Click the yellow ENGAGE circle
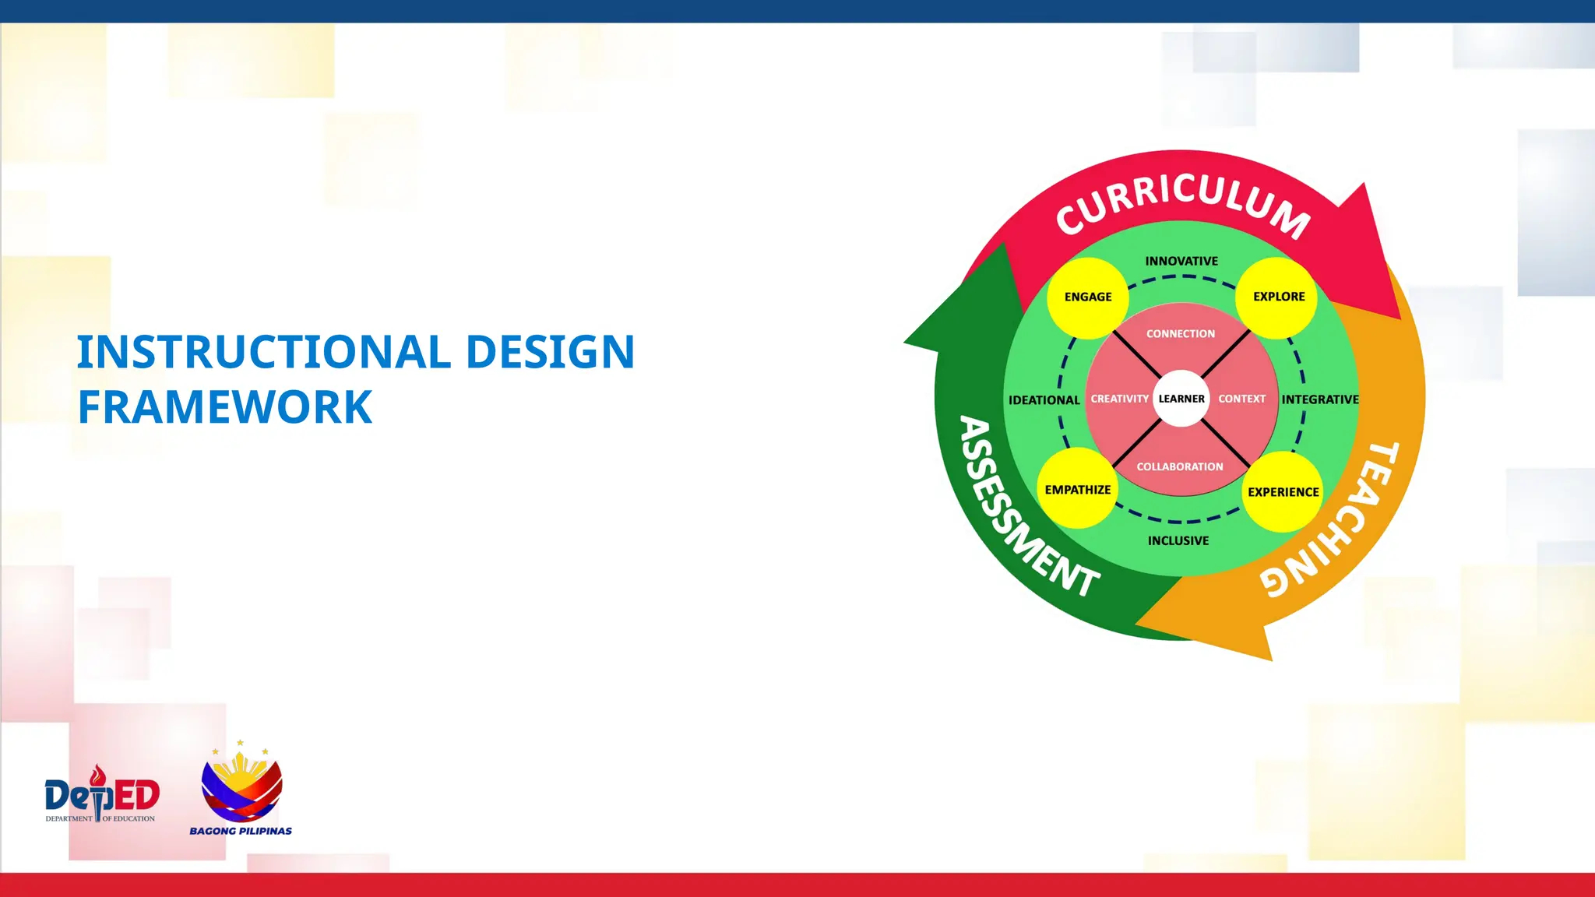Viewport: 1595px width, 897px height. pyautogui.click(x=1088, y=297)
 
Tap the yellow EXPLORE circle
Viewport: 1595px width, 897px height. pyautogui.click(x=1278, y=297)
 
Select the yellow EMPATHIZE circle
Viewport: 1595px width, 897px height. pyautogui.click(x=1078, y=489)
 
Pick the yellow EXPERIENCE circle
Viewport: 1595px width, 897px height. pyautogui.click(x=1283, y=491)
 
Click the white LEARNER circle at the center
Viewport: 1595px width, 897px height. pyautogui.click(x=1181, y=399)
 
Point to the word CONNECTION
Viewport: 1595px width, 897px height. pyautogui.click(x=1180, y=334)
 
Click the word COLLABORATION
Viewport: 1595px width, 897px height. pyautogui.click(x=1179, y=466)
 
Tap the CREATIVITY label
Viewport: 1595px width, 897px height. pyautogui.click(x=1119, y=399)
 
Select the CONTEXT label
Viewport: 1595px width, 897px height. pyautogui.click(x=1241, y=399)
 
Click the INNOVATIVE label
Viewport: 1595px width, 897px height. pyautogui.click(x=1181, y=262)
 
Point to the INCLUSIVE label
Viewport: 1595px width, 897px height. pyautogui.click(x=1178, y=540)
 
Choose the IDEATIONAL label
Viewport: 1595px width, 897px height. pyautogui.click(x=1044, y=400)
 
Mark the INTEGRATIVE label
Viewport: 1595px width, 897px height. pyautogui.click(x=1320, y=399)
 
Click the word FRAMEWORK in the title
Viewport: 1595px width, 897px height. pyautogui.click(x=225, y=407)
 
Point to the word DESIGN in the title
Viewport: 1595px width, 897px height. pyautogui.click(x=550, y=352)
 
